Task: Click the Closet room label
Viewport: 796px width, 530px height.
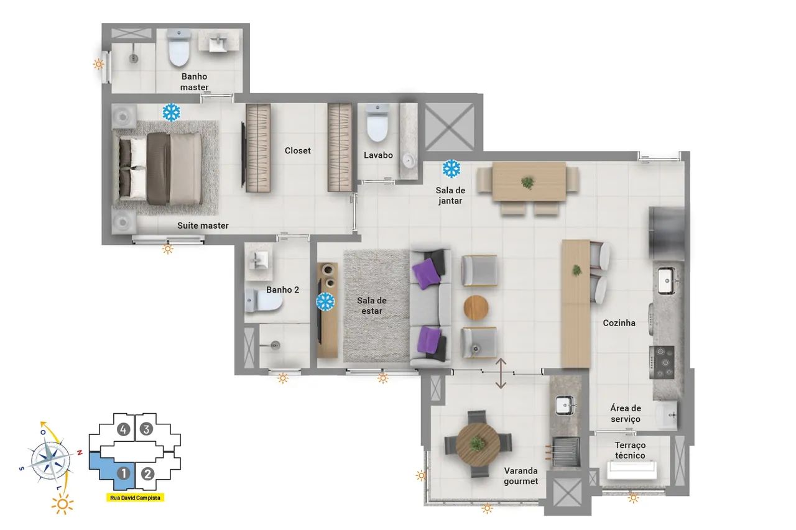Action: click(x=297, y=150)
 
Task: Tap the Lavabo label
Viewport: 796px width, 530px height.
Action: click(x=378, y=155)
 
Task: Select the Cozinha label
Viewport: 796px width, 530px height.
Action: click(x=619, y=322)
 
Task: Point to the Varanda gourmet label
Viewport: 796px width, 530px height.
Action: click(x=521, y=476)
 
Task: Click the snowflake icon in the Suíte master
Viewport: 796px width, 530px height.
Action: click(x=171, y=112)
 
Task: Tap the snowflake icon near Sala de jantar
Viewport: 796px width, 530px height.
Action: click(x=451, y=168)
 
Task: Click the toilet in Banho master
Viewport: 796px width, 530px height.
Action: click(x=179, y=48)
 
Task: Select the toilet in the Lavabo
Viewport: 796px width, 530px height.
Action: click(x=377, y=123)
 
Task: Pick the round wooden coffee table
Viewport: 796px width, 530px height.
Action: click(x=476, y=308)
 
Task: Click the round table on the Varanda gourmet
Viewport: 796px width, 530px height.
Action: click(x=478, y=444)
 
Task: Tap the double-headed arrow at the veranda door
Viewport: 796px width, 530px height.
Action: click(x=501, y=373)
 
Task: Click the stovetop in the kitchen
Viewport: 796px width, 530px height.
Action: click(x=662, y=362)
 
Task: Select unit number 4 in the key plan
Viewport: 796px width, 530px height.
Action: click(x=123, y=430)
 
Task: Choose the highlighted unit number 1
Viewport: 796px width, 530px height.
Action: click(x=124, y=473)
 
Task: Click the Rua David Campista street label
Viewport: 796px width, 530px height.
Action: click(x=135, y=498)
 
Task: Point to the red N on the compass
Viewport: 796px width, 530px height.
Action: click(x=80, y=452)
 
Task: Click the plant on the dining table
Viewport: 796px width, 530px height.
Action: click(x=528, y=183)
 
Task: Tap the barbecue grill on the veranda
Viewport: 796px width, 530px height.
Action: click(x=565, y=452)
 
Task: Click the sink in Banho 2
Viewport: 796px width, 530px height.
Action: click(x=259, y=262)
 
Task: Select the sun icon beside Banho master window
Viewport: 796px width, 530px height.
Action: click(x=98, y=64)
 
